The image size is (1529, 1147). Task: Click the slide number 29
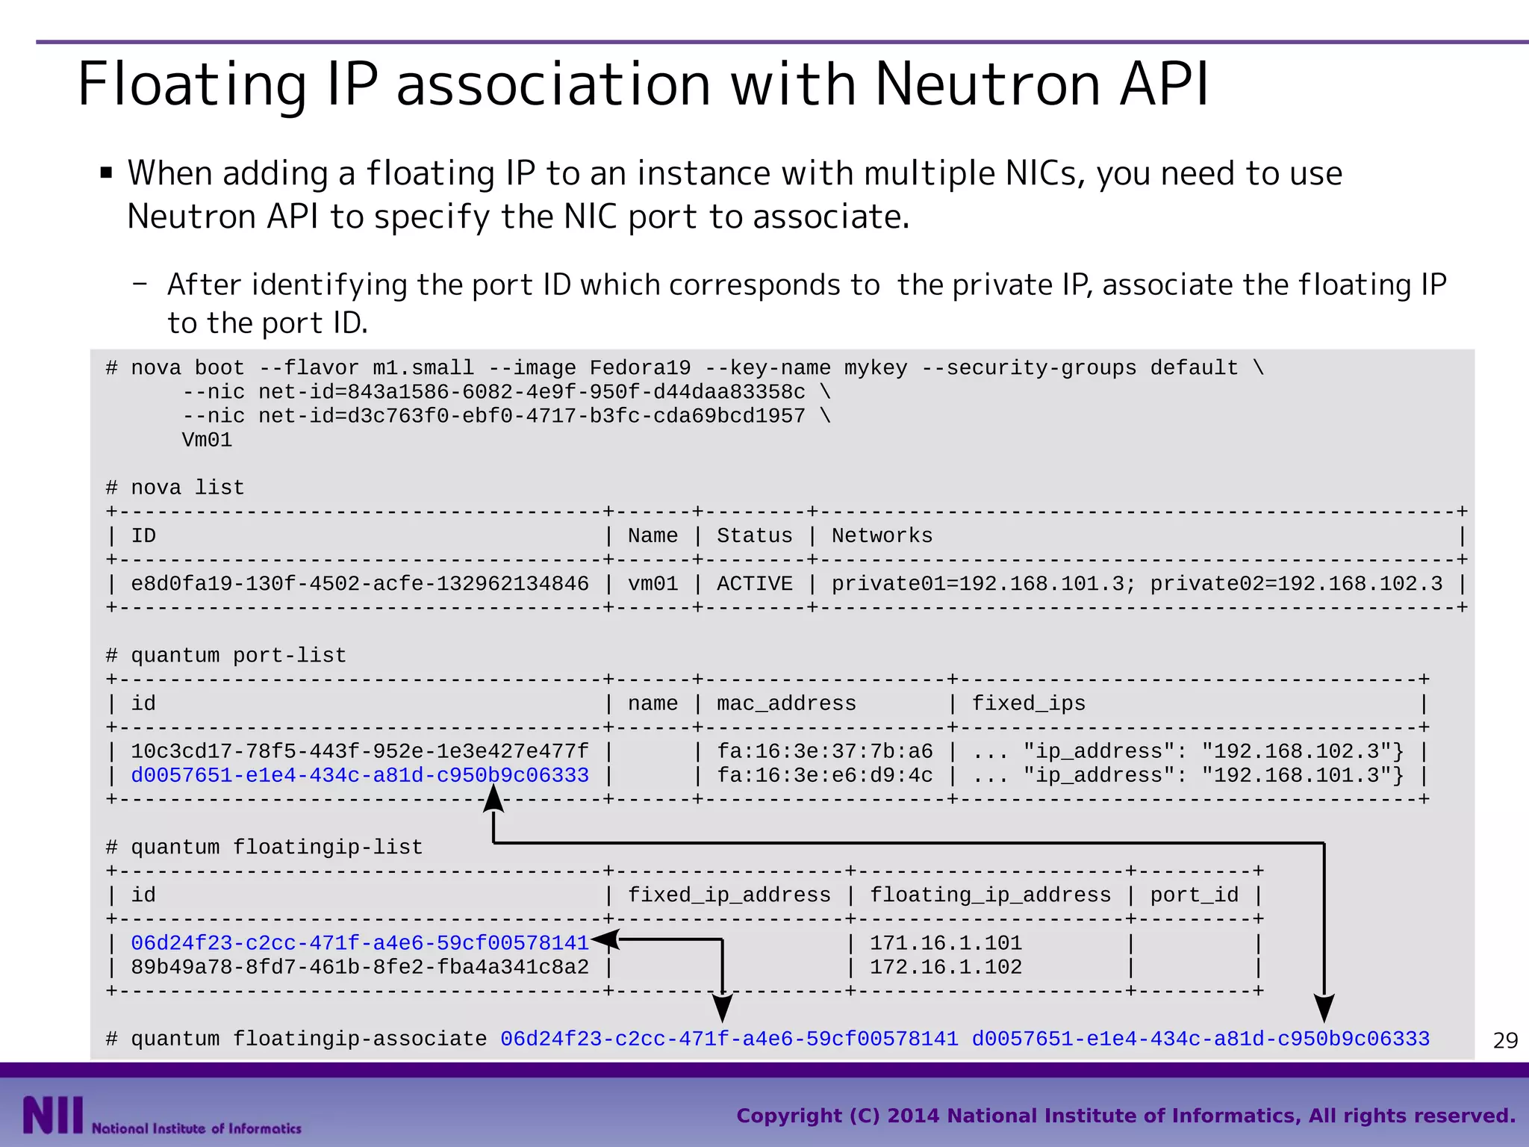1505,1040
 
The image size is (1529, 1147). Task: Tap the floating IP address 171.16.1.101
945,943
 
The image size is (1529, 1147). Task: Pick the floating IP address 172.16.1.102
945,967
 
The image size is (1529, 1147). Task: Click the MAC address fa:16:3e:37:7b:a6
824,751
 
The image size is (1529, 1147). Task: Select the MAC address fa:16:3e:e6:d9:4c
824,775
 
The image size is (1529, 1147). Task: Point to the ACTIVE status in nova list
754,583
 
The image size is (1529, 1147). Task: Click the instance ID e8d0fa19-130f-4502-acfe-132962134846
360,583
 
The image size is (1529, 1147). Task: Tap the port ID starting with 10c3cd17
360,751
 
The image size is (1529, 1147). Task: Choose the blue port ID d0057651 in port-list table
360,775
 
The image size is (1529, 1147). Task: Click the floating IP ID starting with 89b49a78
360,967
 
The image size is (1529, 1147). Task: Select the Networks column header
882,535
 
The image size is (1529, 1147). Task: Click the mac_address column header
786,703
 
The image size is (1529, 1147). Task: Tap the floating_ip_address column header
990,895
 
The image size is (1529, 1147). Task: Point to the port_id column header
1194,895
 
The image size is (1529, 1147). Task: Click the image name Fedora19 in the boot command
640,368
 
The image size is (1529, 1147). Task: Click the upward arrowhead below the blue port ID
493,799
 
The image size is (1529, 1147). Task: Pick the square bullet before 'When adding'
106,174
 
